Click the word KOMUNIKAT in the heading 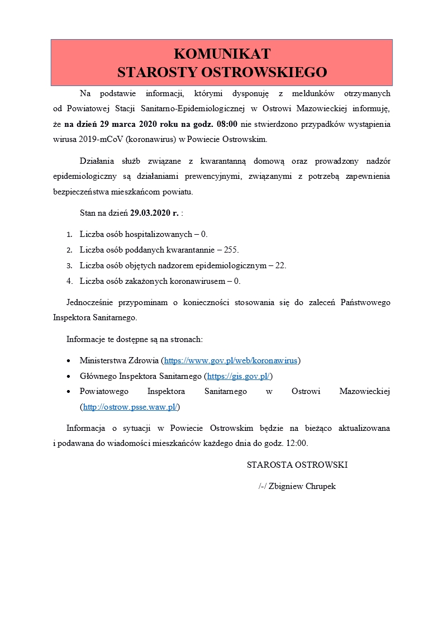tap(222, 54)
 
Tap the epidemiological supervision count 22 tap(280, 265)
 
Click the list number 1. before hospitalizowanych tap(69, 235)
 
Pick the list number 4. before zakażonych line tap(69, 281)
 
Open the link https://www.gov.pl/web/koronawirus tap(231, 360)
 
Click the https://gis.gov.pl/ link tap(239, 376)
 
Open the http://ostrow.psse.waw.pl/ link tap(130, 407)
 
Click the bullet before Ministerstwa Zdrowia tap(69, 361)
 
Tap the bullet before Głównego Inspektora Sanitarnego tap(69, 377)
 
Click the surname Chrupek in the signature tap(320, 486)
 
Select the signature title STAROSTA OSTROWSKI tap(297, 464)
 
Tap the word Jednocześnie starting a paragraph tap(92, 302)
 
